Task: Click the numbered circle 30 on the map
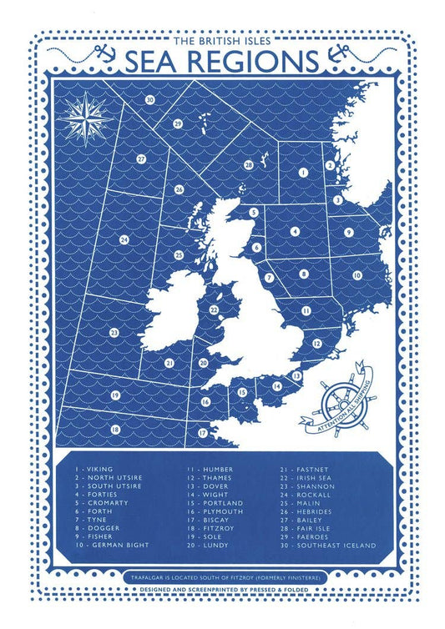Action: (149, 100)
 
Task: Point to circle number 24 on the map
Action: (124, 240)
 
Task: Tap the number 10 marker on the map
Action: (357, 274)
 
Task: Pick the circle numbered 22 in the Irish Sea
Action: (215, 310)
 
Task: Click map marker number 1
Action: (303, 172)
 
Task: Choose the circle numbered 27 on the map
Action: (142, 159)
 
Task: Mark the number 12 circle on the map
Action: (317, 343)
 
